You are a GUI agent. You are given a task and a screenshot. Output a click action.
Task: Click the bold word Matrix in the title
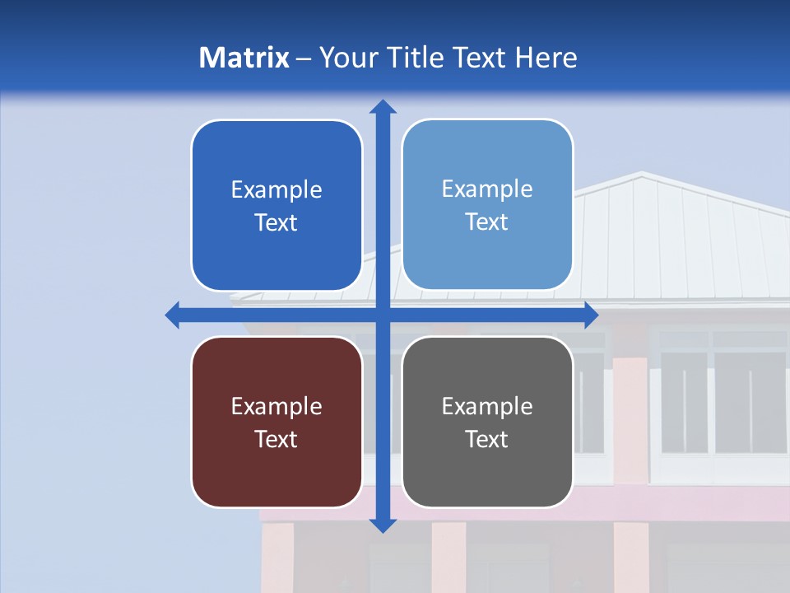[244, 58]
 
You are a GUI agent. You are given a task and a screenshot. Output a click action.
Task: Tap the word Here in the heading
[546, 58]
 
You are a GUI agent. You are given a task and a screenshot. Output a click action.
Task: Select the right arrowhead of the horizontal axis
[591, 315]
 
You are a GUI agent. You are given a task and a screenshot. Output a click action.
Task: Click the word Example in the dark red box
[276, 406]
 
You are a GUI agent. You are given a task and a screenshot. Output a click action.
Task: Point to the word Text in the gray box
[487, 439]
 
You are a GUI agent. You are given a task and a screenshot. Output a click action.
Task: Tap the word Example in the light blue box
[487, 189]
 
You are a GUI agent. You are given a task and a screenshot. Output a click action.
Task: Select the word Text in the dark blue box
[276, 222]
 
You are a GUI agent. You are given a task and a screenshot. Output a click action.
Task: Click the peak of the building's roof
[641, 174]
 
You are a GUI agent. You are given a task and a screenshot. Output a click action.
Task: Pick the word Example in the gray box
[487, 406]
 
